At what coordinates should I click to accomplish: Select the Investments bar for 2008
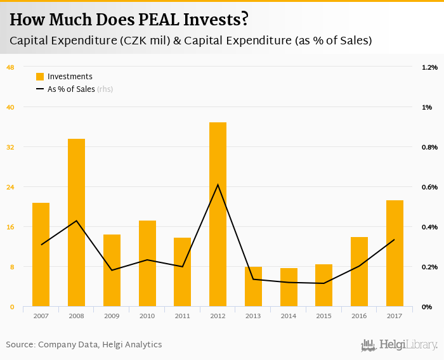tap(76, 222)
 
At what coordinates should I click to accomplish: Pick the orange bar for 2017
tap(395, 254)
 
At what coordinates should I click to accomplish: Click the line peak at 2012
tap(218, 184)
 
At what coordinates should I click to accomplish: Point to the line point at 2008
tap(76, 221)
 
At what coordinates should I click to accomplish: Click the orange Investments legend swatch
tap(40, 77)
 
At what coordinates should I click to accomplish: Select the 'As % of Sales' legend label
tap(71, 89)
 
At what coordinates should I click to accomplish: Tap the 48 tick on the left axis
tap(10, 67)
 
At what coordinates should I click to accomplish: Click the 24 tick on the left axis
tap(10, 187)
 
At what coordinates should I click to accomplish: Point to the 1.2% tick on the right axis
tap(429, 67)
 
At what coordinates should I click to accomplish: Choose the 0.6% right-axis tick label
tap(429, 187)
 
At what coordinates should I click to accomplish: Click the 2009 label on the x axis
tap(112, 316)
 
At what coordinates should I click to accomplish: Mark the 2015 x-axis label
tap(324, 316)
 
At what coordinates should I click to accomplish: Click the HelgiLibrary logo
tap(400, 345)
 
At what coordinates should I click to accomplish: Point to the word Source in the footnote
tap(20, 345)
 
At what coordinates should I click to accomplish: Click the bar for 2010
tap(147, 264)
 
